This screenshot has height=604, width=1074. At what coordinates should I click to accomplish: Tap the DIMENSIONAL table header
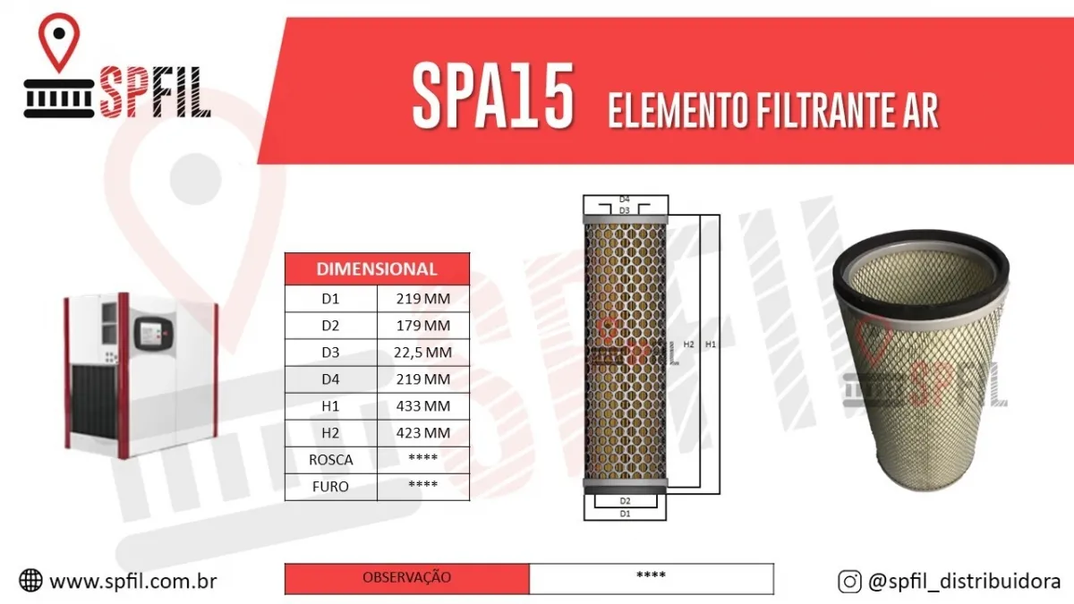377,268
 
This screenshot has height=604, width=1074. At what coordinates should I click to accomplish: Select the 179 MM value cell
423,326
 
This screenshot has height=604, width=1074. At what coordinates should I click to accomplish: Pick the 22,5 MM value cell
423,353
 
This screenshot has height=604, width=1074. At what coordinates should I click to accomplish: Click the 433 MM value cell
423,406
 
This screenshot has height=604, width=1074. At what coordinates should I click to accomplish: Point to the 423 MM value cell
423,433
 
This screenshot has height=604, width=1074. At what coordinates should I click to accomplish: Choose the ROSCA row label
330,460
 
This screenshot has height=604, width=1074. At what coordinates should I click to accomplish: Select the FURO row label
330,487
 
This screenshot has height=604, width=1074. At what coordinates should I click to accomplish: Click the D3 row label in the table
330,353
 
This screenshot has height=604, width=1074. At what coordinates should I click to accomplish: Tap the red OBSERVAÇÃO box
406,578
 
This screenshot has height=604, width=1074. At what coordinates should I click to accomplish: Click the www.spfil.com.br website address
133,581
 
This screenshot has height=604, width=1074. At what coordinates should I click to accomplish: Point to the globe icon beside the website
30,581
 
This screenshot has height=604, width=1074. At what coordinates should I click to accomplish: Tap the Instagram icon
849,582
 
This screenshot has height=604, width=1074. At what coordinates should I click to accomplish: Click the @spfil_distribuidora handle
964,582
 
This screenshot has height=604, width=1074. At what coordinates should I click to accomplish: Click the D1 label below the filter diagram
625,514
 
